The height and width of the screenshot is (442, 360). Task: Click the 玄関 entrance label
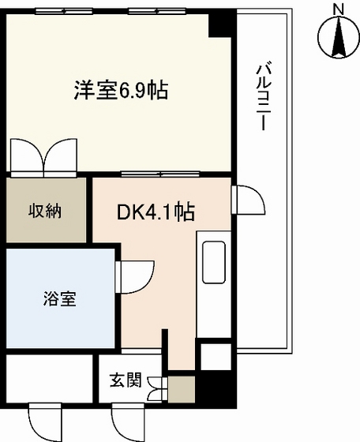[125, 380]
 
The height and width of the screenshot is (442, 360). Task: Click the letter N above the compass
[338, 9]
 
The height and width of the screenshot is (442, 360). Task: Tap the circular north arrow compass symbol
[338, 36]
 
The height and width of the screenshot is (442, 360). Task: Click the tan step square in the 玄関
[182, 388]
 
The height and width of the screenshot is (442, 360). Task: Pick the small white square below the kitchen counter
[214, 356]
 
